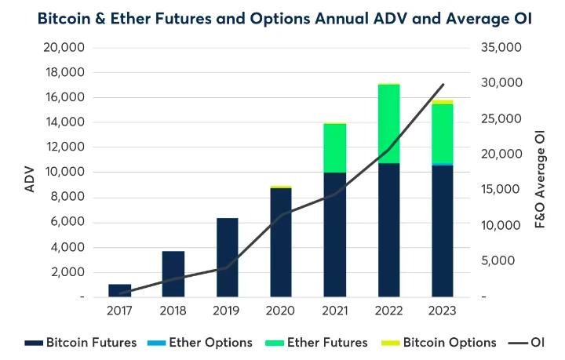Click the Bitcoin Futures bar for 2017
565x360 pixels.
coord(119,290)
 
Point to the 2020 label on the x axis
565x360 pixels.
coord(281,311)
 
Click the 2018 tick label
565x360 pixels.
coord(173,311)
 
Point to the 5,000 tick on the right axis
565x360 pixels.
coord(502,261)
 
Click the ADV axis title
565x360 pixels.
coord(29,173)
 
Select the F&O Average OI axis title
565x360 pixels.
coord(540,173)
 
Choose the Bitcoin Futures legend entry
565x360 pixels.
coord(81,343)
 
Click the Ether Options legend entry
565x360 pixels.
coord(205,343)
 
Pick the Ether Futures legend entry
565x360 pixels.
coord(319,343)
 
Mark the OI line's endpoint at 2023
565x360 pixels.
coord(443,85)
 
